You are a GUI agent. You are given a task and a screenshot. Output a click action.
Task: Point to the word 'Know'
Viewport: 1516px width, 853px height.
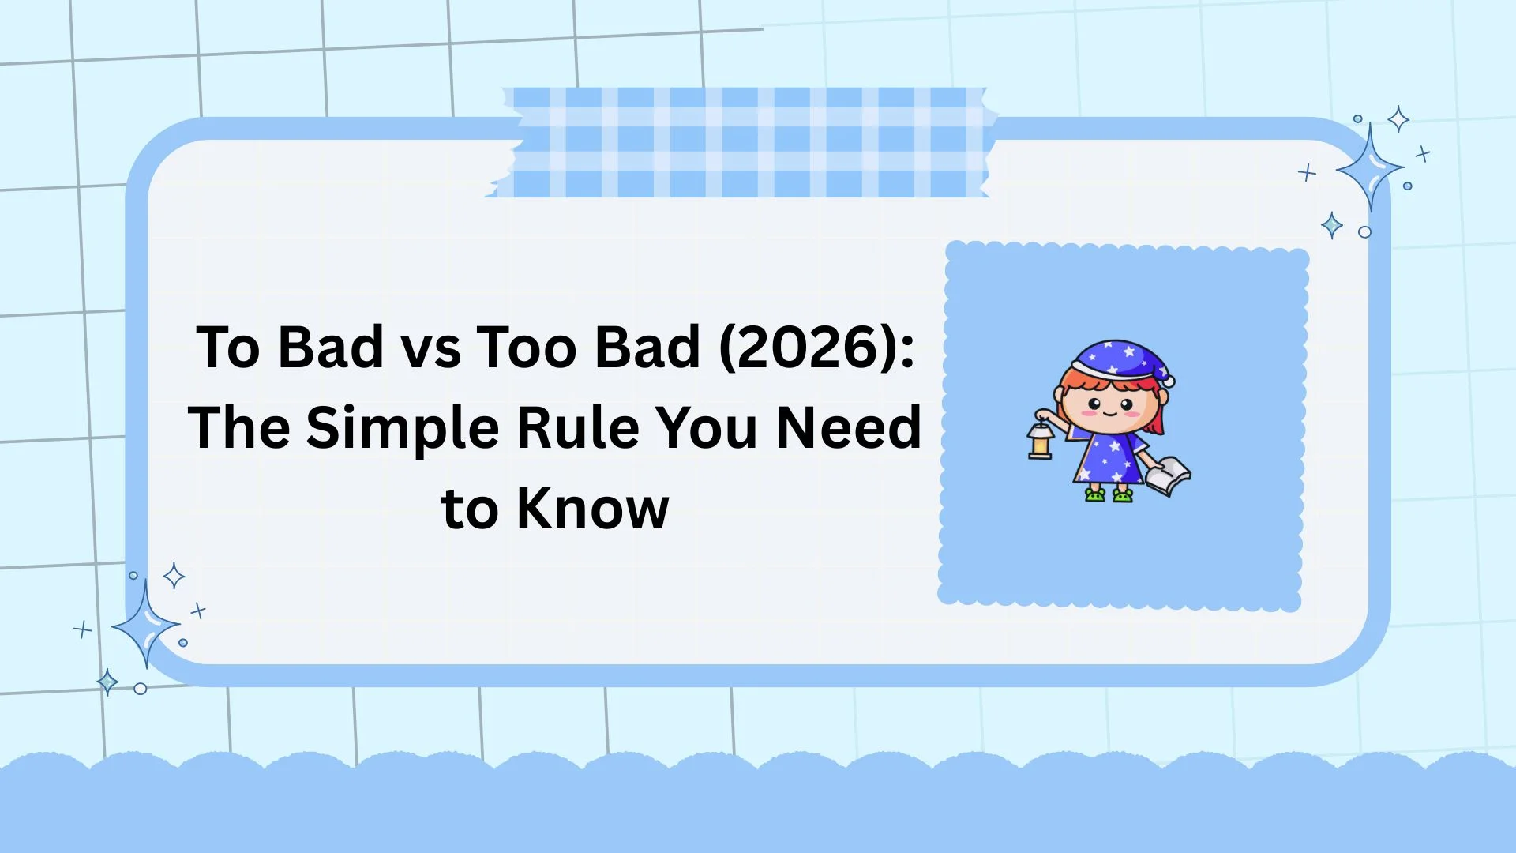point(592,508)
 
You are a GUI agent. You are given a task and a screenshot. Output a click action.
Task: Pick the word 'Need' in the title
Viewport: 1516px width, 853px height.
point(849,427)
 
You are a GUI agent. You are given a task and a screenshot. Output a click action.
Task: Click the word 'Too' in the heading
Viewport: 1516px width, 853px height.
point(527,348)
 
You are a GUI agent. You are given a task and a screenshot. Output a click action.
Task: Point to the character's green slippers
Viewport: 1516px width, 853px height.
point(1109,495)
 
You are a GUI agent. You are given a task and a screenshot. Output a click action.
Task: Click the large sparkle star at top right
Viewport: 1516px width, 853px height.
point(1370,168)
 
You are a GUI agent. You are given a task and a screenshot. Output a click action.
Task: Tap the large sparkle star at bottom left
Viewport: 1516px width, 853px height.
point(145,625)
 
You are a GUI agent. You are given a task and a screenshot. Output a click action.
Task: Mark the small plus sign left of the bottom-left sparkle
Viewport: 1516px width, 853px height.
point(82,629)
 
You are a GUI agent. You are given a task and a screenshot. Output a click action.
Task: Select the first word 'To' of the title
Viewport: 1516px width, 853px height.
point(227,348)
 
